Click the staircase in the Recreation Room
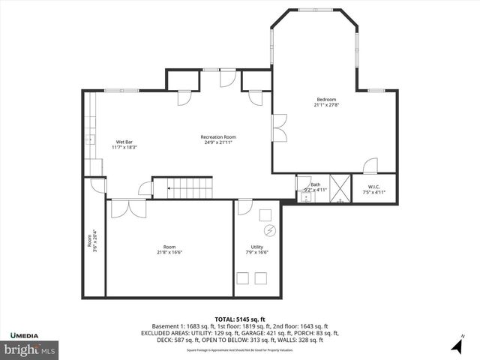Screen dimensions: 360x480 183,187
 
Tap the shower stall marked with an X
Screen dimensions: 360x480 340,189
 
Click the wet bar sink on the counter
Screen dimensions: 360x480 88,139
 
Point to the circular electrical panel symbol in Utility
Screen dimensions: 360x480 271,229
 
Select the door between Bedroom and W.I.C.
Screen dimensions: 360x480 370,166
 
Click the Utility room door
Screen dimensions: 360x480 244,208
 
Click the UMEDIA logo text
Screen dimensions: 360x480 26,334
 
